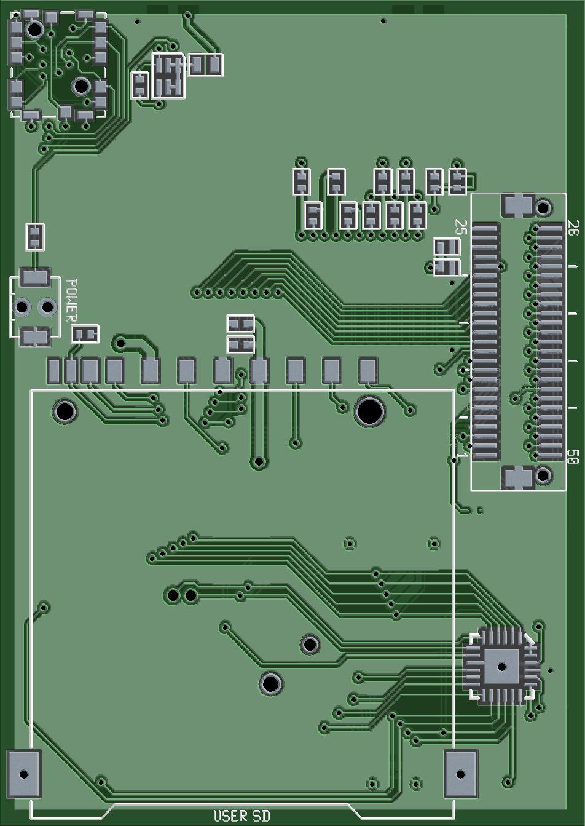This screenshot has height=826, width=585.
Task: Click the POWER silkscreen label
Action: (x=71, y=300)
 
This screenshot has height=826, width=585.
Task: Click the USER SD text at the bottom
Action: (x=241, y=816)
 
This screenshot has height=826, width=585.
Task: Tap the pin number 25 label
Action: (x=461, y=227)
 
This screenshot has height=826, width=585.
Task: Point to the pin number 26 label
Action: (x=573, y=228)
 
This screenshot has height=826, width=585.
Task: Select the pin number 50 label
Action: (x=573, y=457)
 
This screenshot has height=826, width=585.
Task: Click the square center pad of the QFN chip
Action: (x=501, y=667)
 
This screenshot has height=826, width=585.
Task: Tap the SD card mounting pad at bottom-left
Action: (x=24, y=774)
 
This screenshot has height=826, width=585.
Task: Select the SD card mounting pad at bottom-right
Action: (x=460, y=774)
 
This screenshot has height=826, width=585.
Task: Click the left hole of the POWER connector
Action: (x=23, y=306)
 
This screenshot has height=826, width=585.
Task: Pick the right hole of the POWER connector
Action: (x=47, y=306)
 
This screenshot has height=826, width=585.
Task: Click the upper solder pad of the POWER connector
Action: (x=35, y=277)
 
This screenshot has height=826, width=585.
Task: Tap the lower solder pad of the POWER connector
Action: (x=35, y=336)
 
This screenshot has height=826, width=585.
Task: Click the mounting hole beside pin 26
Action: (x=543, y=207)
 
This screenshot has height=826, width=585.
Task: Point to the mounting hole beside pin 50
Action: (x=543, y=475)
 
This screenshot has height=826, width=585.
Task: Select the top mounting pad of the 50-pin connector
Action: (x=518, y=205)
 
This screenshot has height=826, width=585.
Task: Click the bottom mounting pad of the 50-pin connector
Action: (x=518, y=477)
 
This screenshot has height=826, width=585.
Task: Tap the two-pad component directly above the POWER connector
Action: (x=35, y=237)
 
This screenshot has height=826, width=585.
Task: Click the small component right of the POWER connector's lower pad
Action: (x=85, y=334)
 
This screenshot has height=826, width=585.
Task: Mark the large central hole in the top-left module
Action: (x=81, y=86)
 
